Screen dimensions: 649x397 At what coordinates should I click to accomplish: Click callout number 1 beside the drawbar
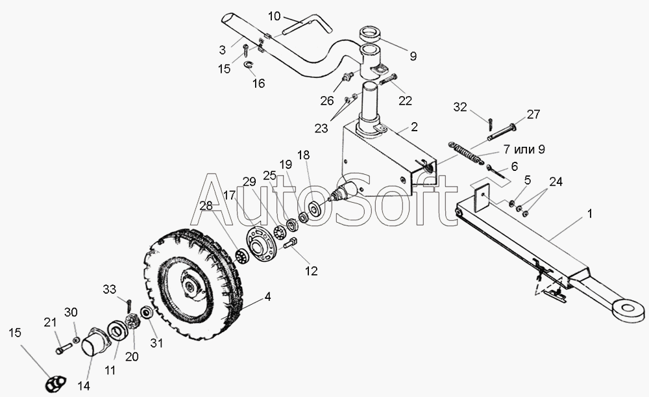point(589,213)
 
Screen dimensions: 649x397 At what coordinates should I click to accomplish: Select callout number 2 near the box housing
point(413,127)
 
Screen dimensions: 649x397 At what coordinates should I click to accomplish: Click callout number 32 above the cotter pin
point(460,107)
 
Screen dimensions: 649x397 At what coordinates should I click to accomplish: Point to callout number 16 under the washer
point(259,83)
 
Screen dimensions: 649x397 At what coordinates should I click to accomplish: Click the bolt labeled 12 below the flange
point(290,244)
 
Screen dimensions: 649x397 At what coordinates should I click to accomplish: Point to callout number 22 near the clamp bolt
point(406,100)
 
